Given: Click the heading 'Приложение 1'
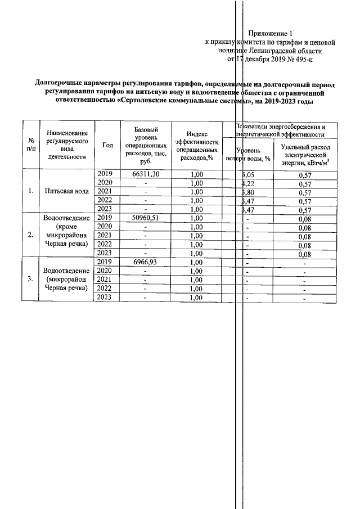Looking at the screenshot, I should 271,33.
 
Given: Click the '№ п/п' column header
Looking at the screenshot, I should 31,145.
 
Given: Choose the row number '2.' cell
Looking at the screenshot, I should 31,235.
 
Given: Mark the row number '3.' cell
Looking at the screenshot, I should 31,280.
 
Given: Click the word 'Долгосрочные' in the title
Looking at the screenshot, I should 60,84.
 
